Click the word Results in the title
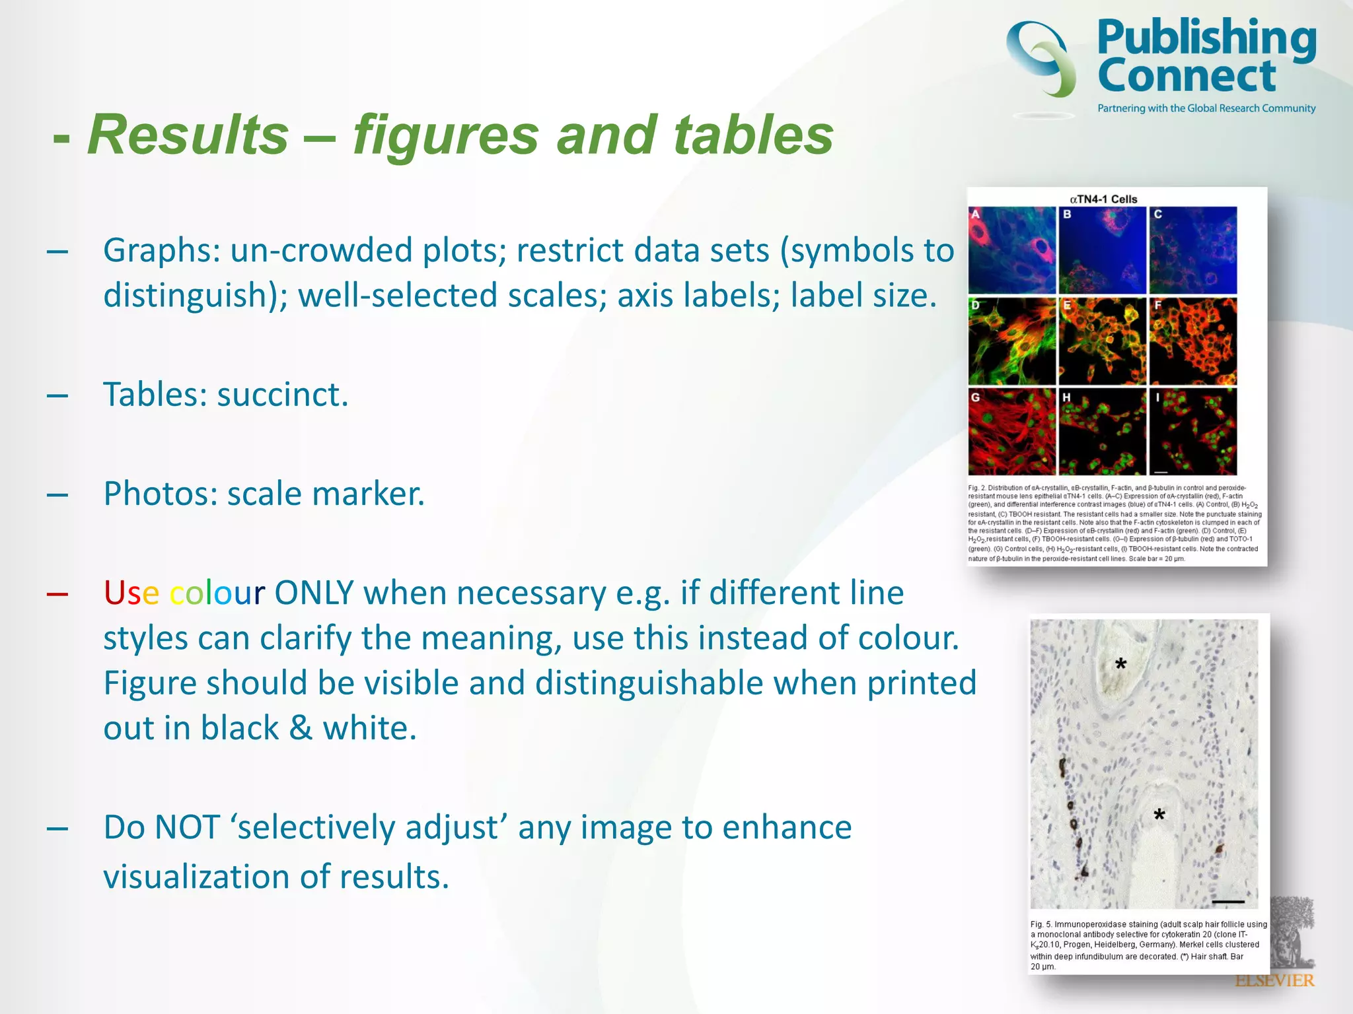click(188, 135)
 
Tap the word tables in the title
click(753, 135)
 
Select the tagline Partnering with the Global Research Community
click(1206, 108)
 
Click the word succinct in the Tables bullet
click(282, 395)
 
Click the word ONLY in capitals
click(314, 593)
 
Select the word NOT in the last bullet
click(188, 827)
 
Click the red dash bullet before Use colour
click(57, 593)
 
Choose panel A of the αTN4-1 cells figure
click(1011, 250)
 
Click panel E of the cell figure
click(1102, 341)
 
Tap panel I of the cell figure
click(1192, 431)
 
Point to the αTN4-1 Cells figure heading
click(1103, 199)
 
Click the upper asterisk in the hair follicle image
click(1120, 664)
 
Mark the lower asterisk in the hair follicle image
click(1159, 815)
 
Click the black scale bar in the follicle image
click(1228, 901)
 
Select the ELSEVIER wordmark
click(1274, 980)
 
